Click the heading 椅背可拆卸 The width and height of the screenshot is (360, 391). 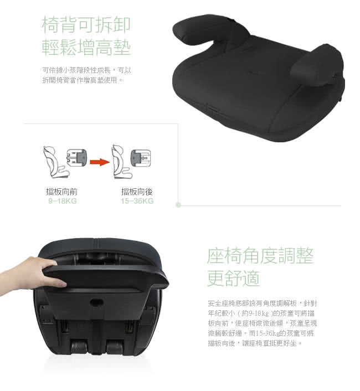click(86, 24)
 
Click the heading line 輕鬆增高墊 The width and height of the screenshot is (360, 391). click(86, 47)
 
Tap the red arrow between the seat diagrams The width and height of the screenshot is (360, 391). click(100, 162)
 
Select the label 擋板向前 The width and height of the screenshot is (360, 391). click(61, 192)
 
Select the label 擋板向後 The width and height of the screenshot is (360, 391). click(137, 192)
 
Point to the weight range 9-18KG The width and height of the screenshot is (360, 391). click(63, 201)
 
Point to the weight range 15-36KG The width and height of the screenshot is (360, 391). click(137, 201)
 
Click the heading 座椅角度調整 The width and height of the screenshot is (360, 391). click(260, 256)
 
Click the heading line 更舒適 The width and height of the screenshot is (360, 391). click(234, 278)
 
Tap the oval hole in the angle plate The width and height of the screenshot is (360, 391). click(97, 303)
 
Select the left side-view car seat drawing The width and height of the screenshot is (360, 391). click(55, 162)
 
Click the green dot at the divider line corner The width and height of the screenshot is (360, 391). click(178, 205)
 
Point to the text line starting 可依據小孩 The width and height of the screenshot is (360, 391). click(87, 70)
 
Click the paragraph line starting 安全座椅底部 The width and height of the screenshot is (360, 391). click(263, 303)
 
